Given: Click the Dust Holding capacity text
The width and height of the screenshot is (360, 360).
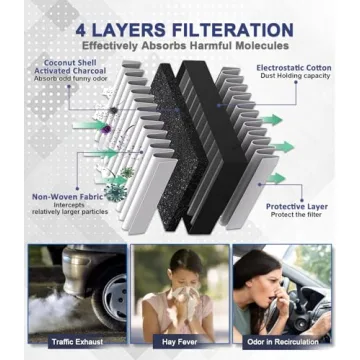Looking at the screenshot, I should tap(296, 78).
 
